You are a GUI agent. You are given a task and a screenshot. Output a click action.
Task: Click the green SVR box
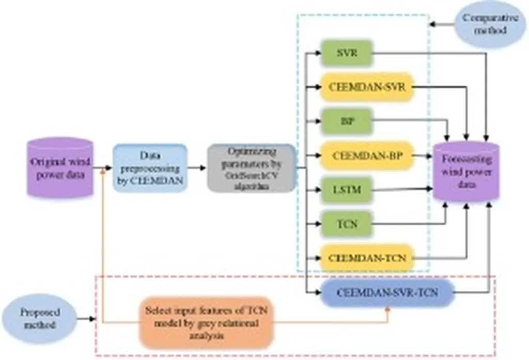pos(346,53)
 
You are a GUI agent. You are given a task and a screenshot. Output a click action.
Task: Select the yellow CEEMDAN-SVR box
pos(367,86)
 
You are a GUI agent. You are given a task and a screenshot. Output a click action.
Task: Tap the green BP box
pos(346,121)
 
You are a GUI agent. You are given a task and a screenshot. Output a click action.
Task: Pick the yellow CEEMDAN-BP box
pos(367,155)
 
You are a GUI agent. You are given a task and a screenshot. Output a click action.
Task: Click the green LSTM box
pos(346,190)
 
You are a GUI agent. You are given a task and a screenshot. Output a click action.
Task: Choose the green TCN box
pos(346,225)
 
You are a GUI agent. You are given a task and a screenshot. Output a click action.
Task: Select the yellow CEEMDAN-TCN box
pos(367,257)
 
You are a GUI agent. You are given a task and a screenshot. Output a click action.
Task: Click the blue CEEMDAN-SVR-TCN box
pos(387,293)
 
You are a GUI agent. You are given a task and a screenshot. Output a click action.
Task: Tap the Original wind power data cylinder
pos(60,167)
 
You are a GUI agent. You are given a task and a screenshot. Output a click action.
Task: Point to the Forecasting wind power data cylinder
pos(466,171)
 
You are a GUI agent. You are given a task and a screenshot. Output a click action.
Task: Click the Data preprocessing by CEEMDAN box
pos(149,168)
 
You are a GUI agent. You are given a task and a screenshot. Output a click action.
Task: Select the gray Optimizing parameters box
pos(252,168)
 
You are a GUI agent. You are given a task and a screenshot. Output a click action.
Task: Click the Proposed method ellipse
pos(40,319)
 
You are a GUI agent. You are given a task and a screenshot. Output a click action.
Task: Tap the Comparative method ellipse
pos(483,24)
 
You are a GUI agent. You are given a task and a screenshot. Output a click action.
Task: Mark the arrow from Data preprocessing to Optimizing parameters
pos(196,168)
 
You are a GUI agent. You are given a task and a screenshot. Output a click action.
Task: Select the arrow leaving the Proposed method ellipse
pos(87,319)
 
